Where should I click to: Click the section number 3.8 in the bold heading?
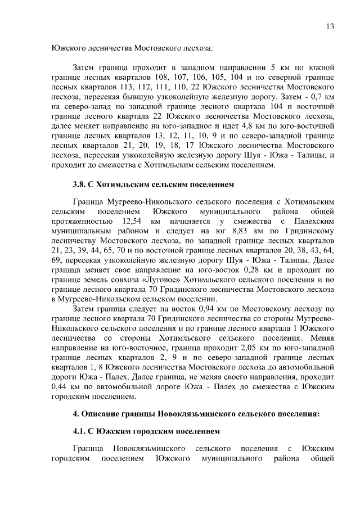coord(79,184)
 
